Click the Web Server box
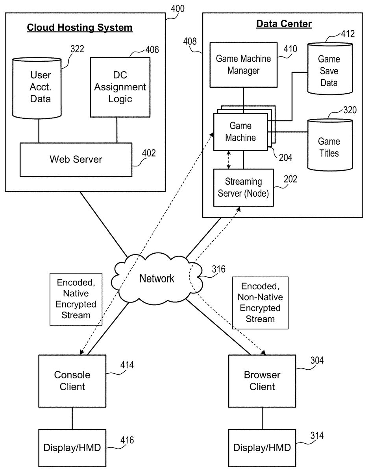(x=76, y=159)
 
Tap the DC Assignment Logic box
(x=120, y=87)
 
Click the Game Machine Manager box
(x=243, y=65)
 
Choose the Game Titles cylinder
(x=329, y=146)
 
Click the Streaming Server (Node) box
(x=243, y=187)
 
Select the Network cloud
(x=157, y=278)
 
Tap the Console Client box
(x=72, y=381)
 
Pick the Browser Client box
(x=262, y=381)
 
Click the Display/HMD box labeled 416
(x=72, y=447)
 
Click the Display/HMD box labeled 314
(x=262, y=447)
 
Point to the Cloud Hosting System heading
(x=80, y=28)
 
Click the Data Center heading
(x=284, y=24)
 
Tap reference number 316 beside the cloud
(x=218, y=269)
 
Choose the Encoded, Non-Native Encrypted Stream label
(x=260, y=302)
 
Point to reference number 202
(x=290, y=179)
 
